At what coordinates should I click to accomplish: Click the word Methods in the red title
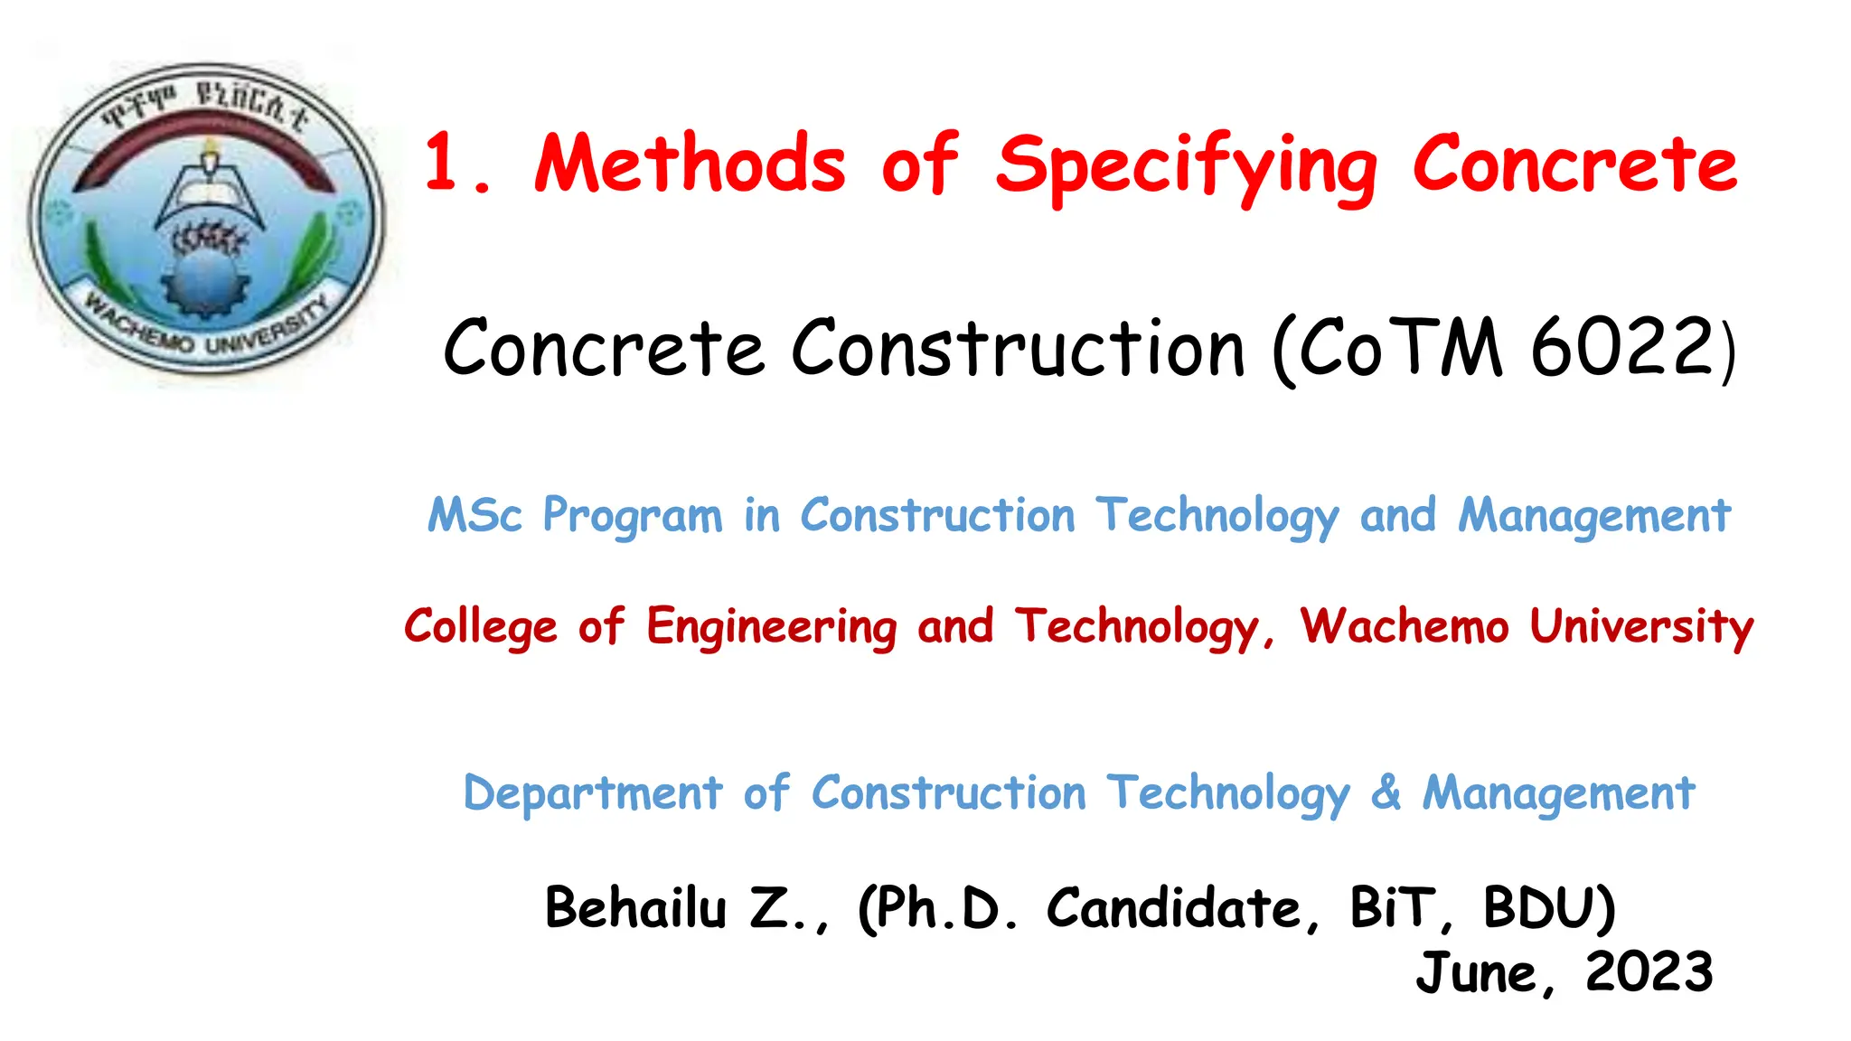coord(691,164)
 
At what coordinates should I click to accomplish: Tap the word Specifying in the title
coord(1187,167)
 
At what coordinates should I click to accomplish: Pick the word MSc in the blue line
coord(475,515)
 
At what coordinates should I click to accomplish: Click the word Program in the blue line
coord(633,517)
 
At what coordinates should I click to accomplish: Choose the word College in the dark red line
coord(481,626)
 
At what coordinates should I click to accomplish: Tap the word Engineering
coord(772,627)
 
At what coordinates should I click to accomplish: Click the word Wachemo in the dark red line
coord(1405,625)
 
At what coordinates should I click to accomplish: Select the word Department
coord(593,793)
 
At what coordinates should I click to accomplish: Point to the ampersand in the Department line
coord(1386,792)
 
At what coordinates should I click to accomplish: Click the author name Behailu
coord(635,907)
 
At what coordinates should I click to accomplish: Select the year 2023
coord(1649,972)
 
